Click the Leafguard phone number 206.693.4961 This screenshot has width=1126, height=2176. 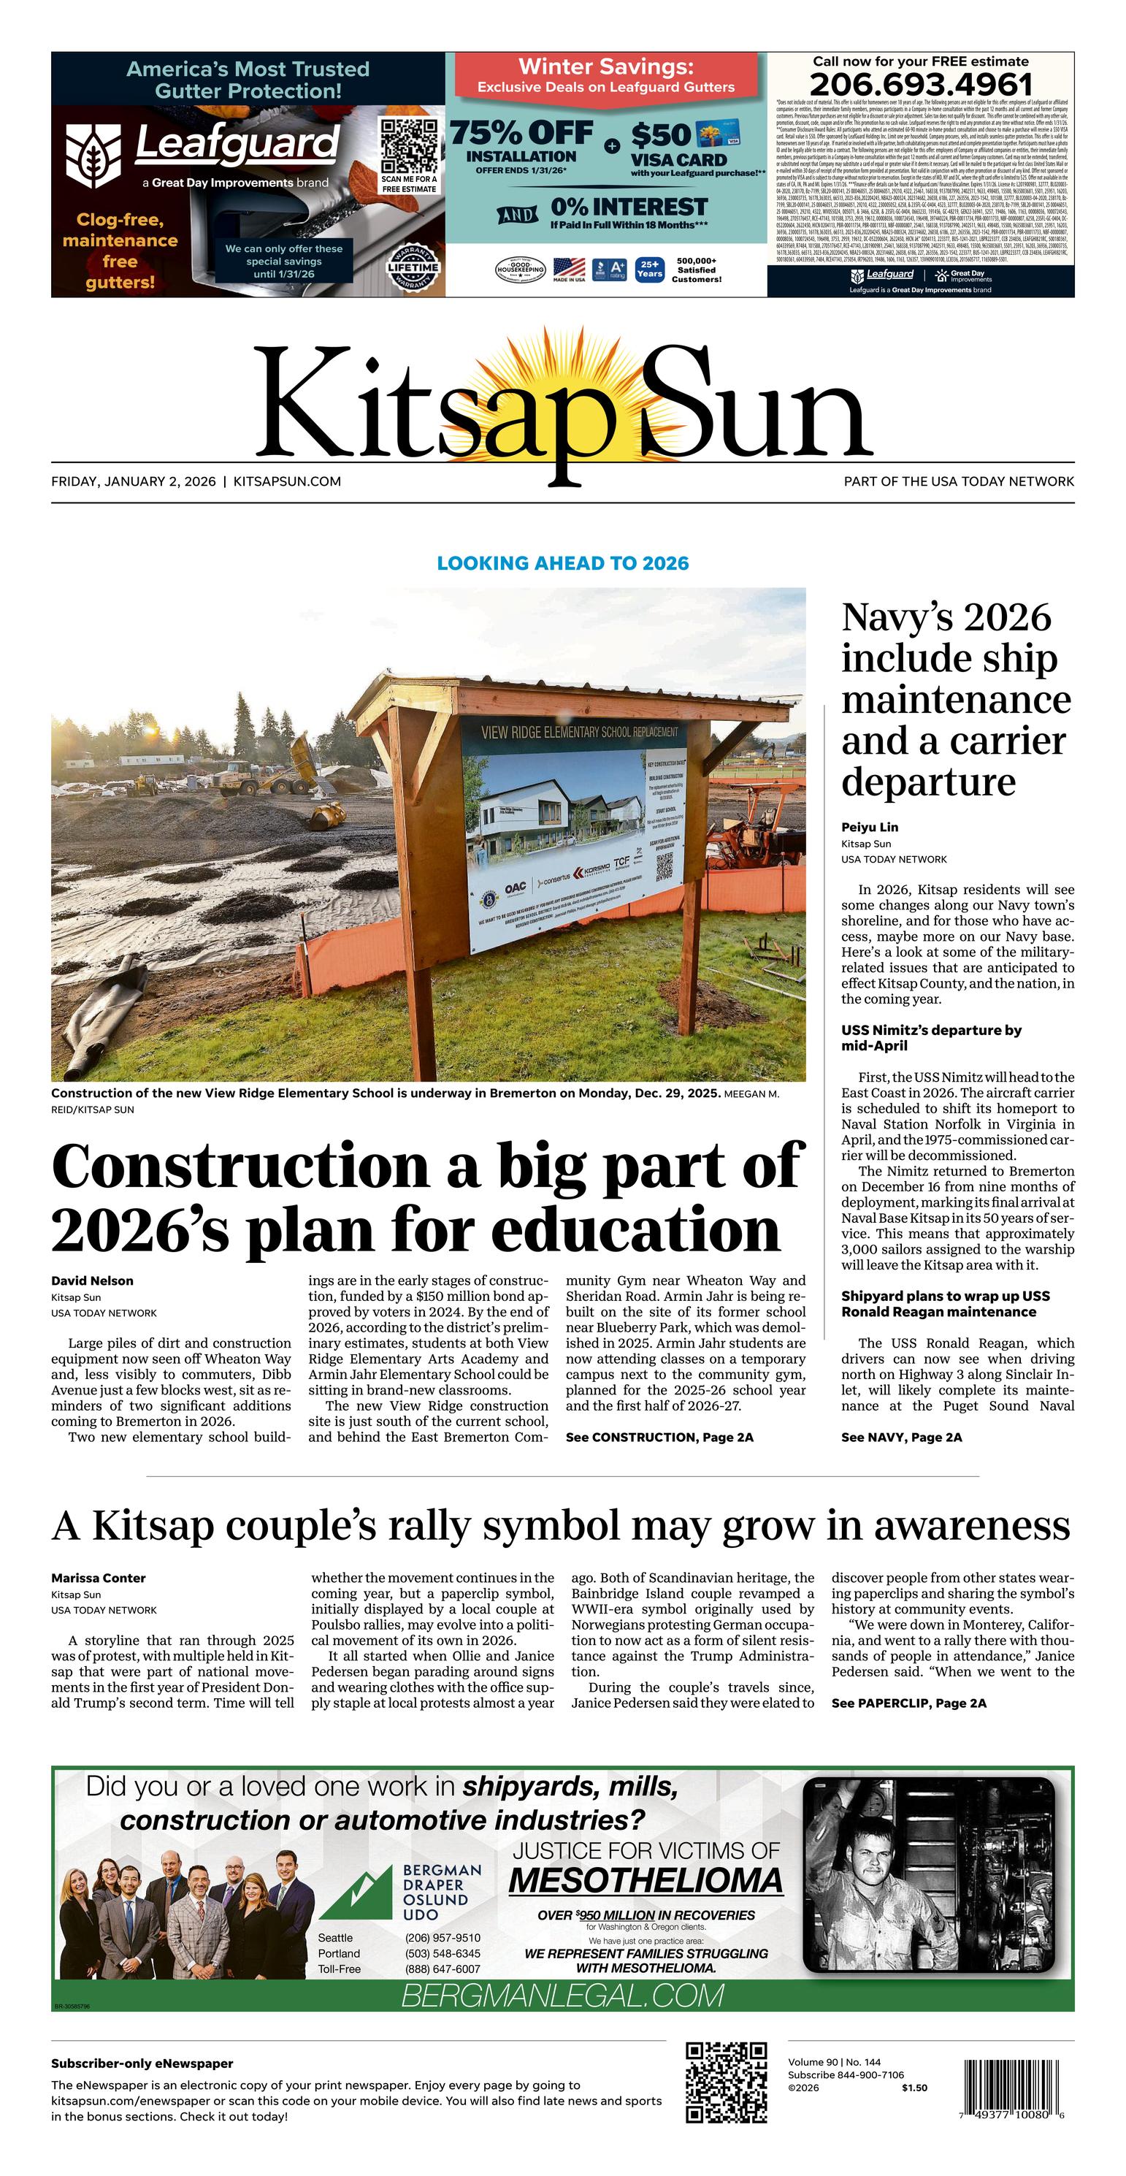tap(921, 85)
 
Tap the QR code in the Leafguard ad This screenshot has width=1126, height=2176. tap(409, 145)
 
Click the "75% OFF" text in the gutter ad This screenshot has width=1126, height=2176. tap(521, 134)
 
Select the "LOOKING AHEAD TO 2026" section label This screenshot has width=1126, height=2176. tap(562, 563)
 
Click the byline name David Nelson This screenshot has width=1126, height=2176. tap(92, 1280)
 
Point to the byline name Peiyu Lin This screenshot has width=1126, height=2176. tap(869, 827)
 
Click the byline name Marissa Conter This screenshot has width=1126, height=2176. tap(98, 1578)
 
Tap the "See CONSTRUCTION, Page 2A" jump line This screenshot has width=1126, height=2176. tap(659, 1437)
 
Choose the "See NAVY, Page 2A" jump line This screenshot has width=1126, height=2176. tap(901, 1437)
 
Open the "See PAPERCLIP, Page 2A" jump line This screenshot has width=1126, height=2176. tap(908, 1703)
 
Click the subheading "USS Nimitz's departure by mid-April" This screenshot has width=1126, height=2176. tap(931, 1037)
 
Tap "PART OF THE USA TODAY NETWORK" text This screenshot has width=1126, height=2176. tap(959, 481)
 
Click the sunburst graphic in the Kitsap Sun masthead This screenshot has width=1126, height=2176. tap(564, 397)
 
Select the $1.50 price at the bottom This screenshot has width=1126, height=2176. tap(914, 2088)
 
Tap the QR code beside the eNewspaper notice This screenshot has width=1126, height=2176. tap(727, 2083)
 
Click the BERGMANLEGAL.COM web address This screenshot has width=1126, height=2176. tap(562, 1996)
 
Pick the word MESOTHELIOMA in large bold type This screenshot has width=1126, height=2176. tap(646, 1881)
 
